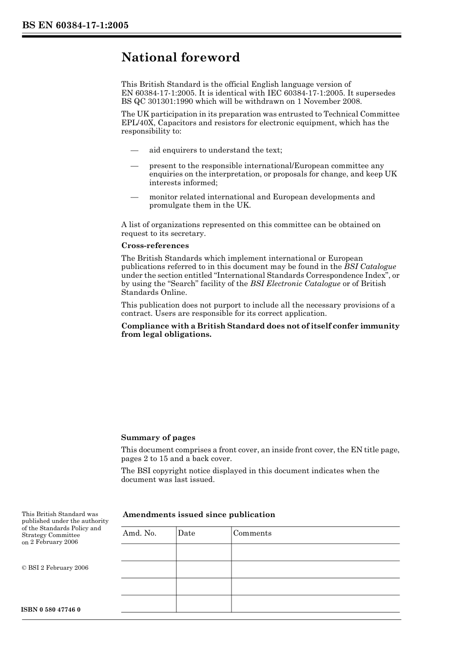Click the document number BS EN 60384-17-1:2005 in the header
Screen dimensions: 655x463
pos(75,25)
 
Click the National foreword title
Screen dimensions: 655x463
pos(180,58)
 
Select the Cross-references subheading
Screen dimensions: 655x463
pos(155,246)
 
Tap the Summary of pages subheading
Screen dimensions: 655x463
pos(158,438)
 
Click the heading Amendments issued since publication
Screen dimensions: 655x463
pos(199,515)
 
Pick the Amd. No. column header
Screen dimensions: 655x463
pos(140,533)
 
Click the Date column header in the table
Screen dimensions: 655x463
pos(186,533)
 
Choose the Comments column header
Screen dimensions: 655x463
pos(252,533)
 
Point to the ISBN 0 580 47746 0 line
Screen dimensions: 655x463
pos(51,610)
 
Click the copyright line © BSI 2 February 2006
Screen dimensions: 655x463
pos(55,568)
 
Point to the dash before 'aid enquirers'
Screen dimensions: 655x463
pos(135,151)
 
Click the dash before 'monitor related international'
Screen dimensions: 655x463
pos(135,197)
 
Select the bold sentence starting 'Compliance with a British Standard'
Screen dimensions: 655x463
pos(260,330)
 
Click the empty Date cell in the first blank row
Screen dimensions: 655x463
pos(203,552)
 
